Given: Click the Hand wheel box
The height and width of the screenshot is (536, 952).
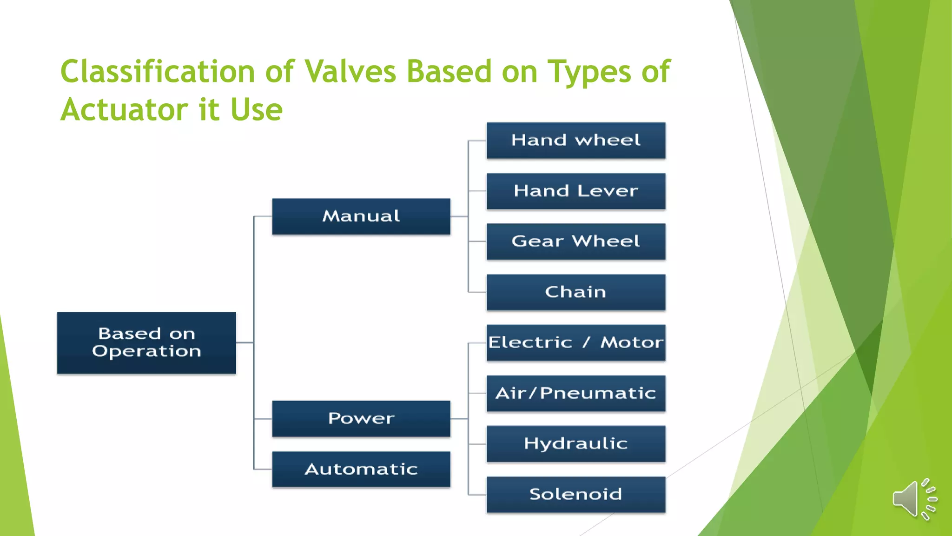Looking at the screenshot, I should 575,141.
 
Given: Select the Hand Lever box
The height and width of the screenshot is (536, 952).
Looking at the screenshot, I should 575,191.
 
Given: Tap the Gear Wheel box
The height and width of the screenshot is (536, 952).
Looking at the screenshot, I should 575,241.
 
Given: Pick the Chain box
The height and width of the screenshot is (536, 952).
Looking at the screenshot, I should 575,292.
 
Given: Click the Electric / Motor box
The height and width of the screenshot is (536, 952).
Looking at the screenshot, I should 575,343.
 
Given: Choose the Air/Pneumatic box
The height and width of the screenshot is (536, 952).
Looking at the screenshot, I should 575,394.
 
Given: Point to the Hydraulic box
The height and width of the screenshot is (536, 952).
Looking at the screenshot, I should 575,444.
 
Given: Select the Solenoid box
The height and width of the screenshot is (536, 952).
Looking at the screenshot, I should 575,495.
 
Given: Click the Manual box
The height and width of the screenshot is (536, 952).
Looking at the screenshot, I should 361,216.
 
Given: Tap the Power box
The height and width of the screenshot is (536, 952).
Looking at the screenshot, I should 361,419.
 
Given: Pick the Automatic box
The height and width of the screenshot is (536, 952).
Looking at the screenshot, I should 361,469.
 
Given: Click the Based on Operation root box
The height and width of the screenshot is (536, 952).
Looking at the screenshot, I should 146,343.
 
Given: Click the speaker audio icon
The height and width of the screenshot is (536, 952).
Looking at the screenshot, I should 913,499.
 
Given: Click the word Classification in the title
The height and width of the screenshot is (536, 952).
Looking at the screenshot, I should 158,72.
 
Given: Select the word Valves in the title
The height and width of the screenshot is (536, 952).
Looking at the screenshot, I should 350,72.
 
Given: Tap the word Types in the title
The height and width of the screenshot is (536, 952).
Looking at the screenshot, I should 588,72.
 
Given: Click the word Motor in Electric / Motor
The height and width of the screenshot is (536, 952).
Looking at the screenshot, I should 631,343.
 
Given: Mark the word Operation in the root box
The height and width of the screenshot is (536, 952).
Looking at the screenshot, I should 146,351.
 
